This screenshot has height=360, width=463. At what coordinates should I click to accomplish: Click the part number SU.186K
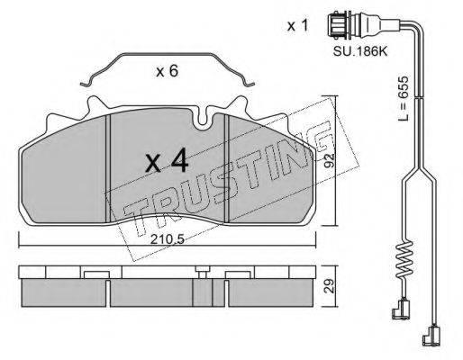(x=360, y=52)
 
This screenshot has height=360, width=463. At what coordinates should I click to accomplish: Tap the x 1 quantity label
(x=297, y=26)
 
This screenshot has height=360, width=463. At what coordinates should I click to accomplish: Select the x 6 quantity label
(x=168, y=71)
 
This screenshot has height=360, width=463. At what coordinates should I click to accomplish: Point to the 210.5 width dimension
(x=167, y=239)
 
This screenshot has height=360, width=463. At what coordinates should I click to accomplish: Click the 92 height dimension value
(x=329, y=161)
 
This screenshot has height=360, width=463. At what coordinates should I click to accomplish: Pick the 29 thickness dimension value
(x=330, y=286)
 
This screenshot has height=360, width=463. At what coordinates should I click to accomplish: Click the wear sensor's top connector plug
(x=338, y=25)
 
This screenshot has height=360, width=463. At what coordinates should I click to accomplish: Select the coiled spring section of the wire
(x=404, y=259)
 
